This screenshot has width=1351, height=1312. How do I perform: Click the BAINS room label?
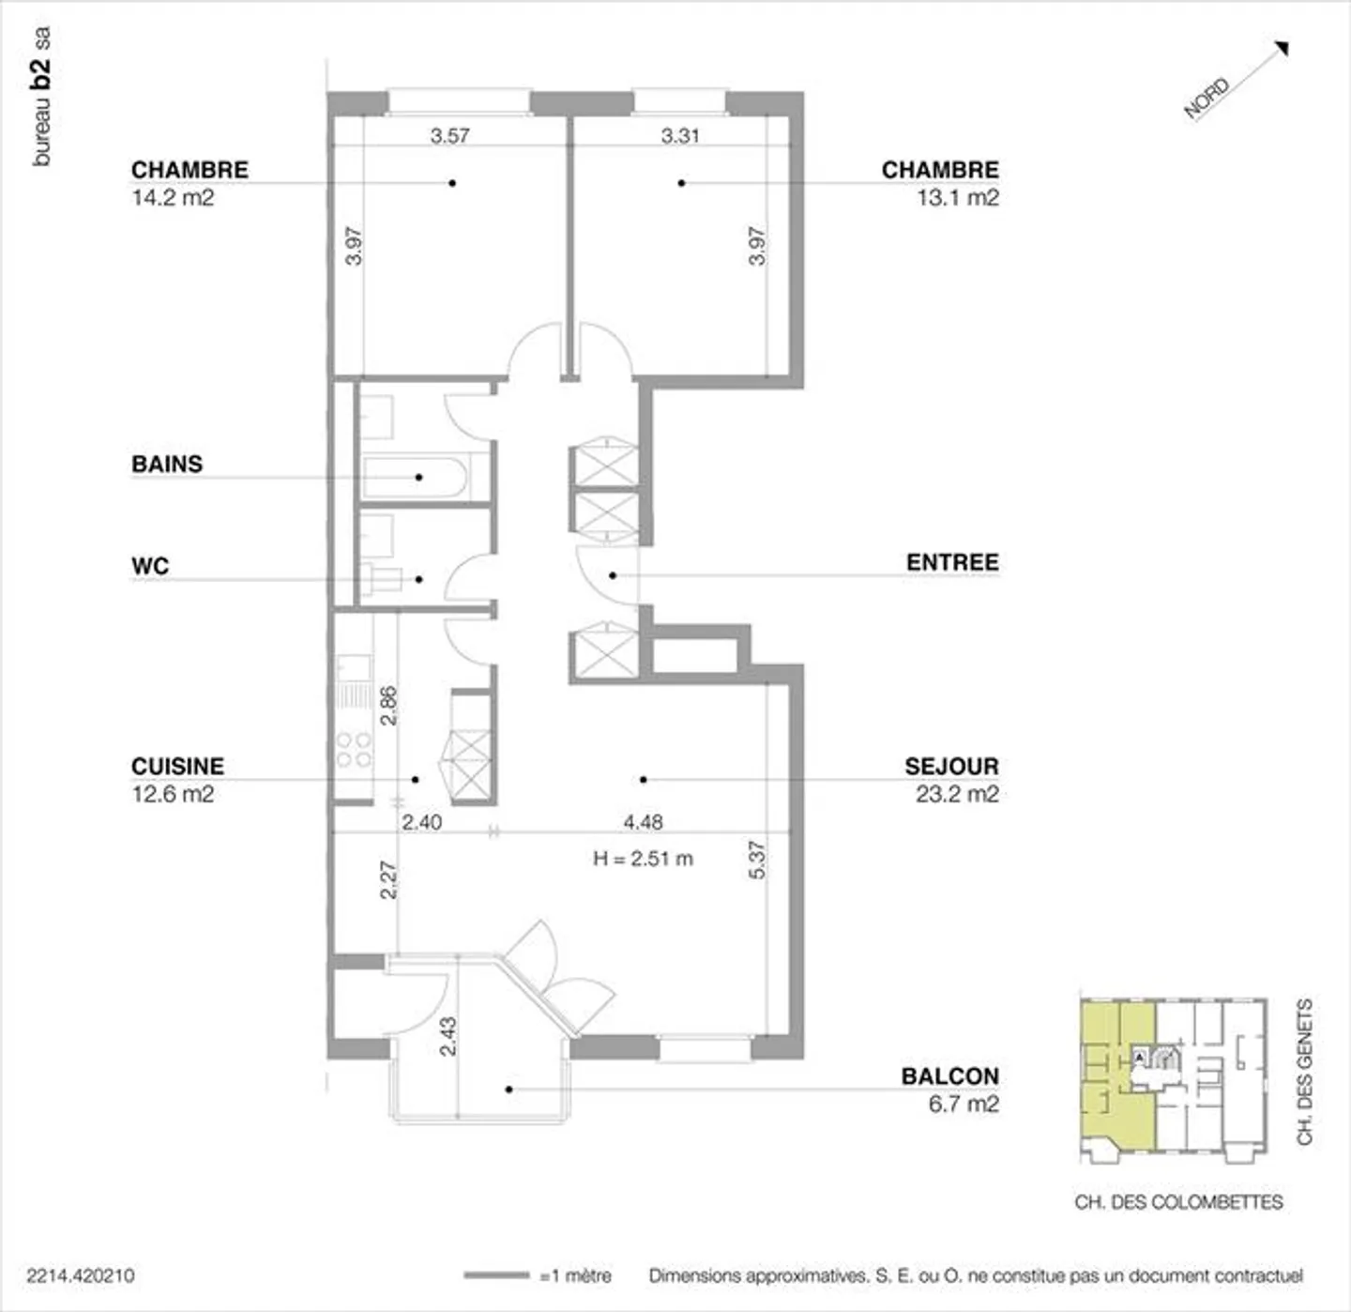tap(167, 464)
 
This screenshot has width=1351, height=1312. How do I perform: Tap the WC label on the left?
tap(150, 566)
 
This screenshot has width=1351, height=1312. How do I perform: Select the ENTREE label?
tap(951, 562)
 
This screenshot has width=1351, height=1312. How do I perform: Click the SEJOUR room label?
tap(950, 766)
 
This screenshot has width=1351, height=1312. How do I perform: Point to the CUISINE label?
tap(177, 766)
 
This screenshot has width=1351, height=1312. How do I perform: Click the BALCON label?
tap(949, 1076)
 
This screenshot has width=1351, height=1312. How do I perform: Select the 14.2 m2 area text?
tap(173, 197)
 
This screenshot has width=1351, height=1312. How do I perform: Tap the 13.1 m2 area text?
tap(957, 197)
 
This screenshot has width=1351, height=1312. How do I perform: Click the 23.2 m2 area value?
tap(957, 794)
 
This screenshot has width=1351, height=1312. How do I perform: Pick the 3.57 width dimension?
tap(449, 135)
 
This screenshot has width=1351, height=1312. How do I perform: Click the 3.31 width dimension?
tap(680, 135)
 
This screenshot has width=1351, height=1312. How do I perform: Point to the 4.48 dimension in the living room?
tap(643, 822)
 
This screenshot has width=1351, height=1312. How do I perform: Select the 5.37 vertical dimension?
tap(757, 860)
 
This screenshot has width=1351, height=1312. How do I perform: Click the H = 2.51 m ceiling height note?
tap(643, 858)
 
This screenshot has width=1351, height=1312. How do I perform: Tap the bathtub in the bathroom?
tap(414, 477)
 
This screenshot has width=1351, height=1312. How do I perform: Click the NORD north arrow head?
tap(1282, 49)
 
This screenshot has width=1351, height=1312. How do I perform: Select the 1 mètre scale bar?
tap(496, 1274)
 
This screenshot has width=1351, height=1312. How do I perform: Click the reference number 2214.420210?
tap(81, 1275)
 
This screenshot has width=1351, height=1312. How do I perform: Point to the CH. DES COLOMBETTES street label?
tap(1178, 1201)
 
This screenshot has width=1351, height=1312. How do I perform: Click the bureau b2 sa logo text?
tap(41, 97)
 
